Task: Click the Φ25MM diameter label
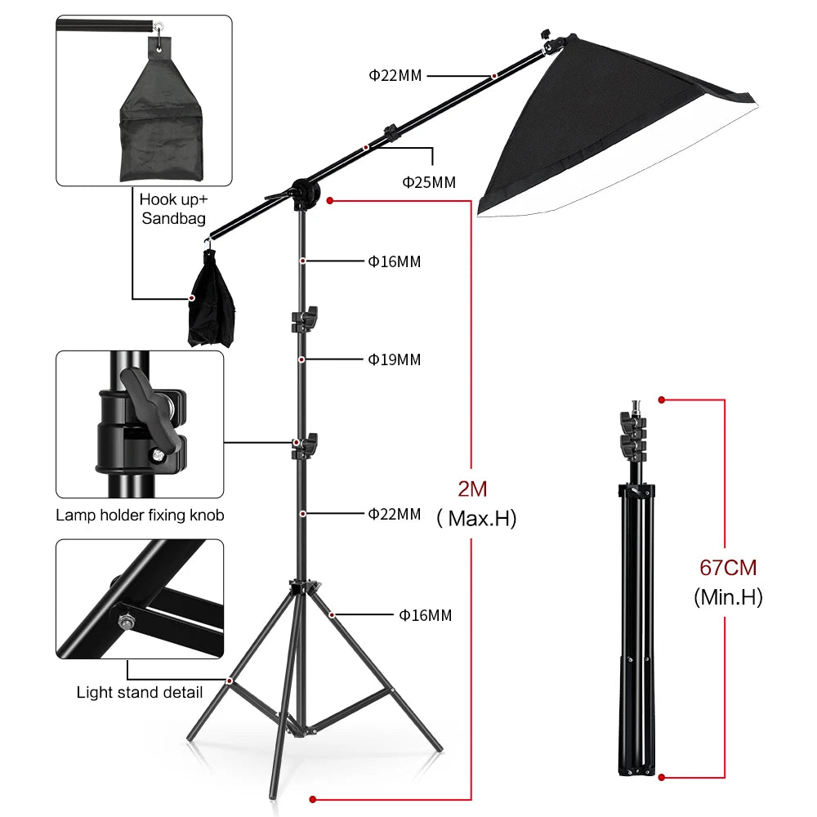tap(428, 182)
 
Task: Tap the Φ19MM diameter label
tap(394, 359)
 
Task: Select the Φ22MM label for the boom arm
tap(395, 76)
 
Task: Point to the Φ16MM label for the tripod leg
tap(425, 615)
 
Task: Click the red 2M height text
tap(472, 489)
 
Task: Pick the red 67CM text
tap(728, 567)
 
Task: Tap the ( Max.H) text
tap(476, 518)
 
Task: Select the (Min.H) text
tap(728, 597)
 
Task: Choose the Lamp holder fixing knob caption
tap(140, 516)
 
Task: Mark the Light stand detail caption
tap(140, 693)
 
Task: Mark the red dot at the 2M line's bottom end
tap(311, 798)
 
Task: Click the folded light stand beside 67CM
tap(635, 605)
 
